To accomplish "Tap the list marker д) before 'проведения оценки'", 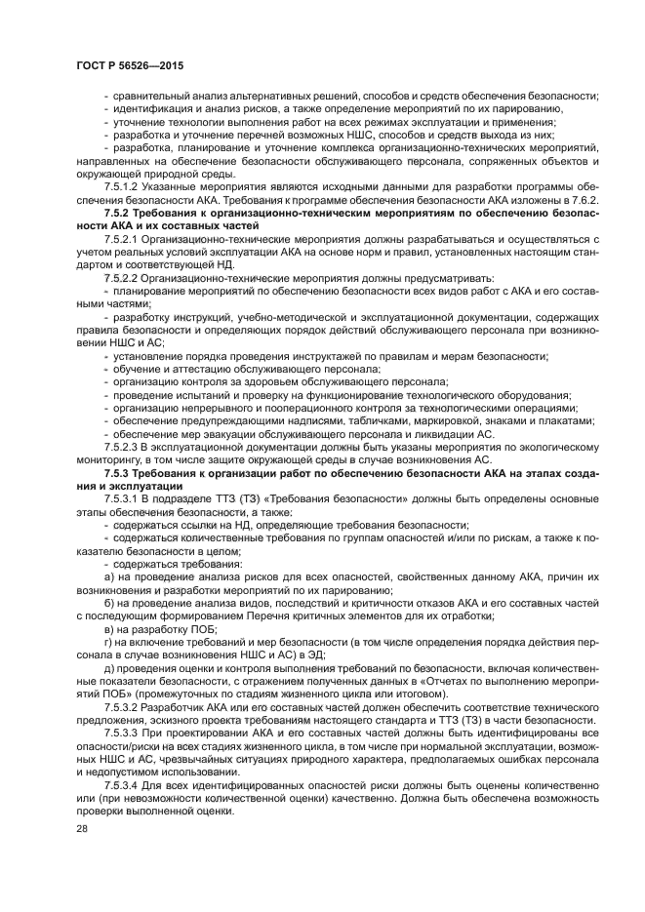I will pyautogui.click(x=108, y=670).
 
